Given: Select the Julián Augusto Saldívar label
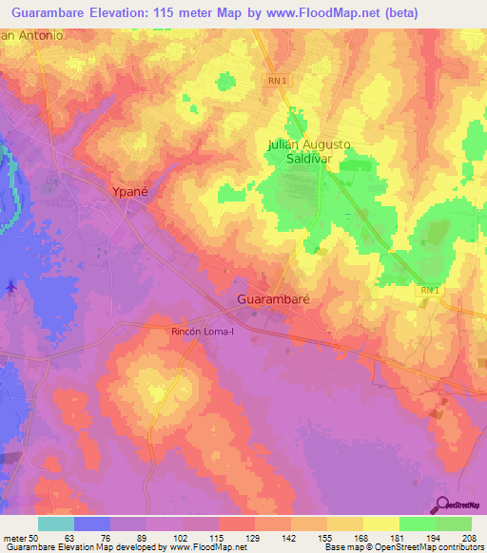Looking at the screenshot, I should click(x=308, y=152).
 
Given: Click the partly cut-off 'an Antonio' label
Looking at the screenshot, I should click(x=31, y=35).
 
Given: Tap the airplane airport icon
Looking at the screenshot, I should click(x=10, y=285).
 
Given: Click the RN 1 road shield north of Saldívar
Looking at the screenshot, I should click(x=276, y=82).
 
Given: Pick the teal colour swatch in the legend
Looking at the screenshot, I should click(x=56, y=524).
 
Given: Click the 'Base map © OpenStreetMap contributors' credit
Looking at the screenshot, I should click(x=402, y=547).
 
